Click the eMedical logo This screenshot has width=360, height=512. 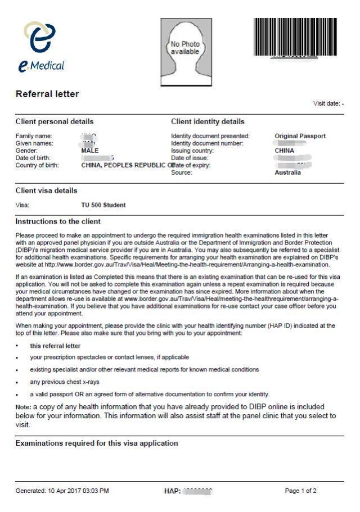tap(41, 47)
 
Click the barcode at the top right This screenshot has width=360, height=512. tap(295, 37)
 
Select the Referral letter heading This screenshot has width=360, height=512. tap(47, 94)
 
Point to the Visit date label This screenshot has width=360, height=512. tap(327, 104)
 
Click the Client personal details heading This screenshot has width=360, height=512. tap(55, 121)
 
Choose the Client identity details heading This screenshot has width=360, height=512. tap(208, 121)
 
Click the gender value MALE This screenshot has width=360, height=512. tap(90, 151)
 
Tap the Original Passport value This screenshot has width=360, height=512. tap(300, 136)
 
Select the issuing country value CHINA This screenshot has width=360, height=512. tap(285, 151)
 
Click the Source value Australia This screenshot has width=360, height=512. tap(287, 173)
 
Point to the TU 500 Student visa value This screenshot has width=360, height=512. tap(103, 205)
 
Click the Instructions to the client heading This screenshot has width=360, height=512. tap(58, 221)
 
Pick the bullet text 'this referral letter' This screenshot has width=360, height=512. tap(55, 346)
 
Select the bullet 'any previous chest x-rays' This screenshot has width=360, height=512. tap(57, 382)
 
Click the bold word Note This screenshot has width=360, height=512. tap(23, 406)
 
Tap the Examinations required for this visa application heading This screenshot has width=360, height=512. tap(97, 443)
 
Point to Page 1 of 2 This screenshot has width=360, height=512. tap(301, 491)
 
